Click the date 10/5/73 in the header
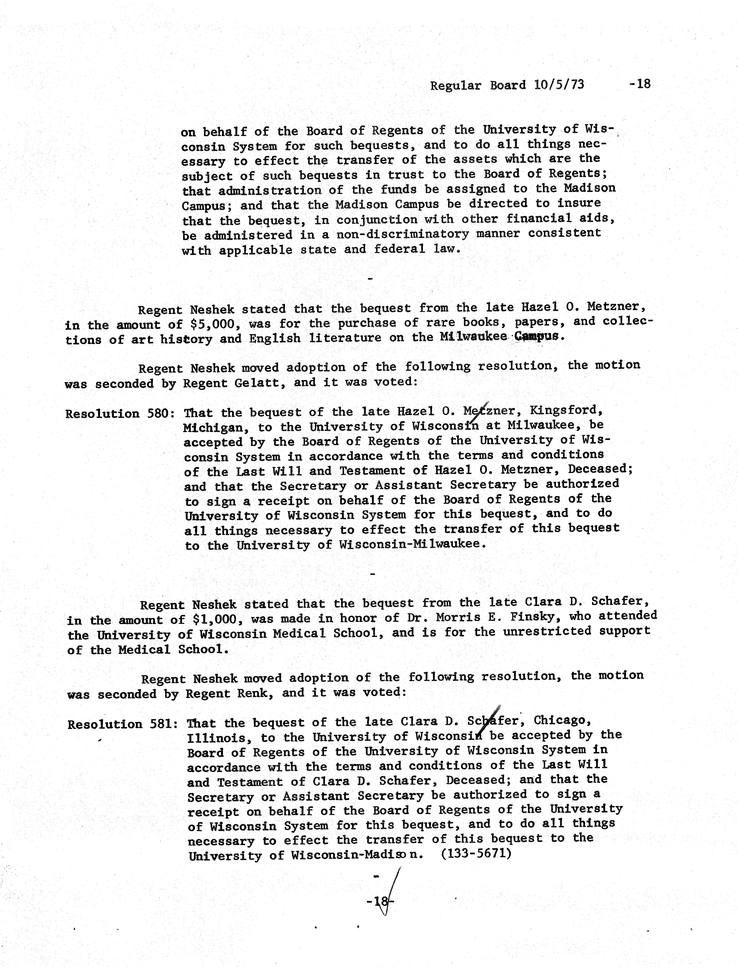point(559,85)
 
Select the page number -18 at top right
point(639,84)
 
